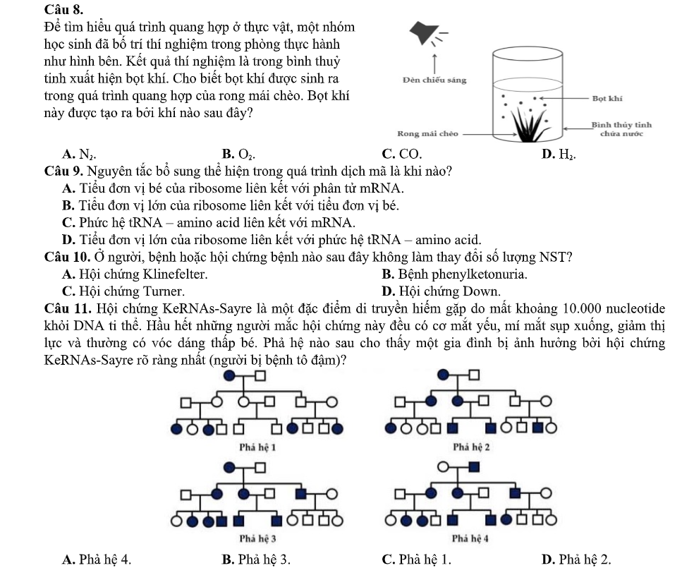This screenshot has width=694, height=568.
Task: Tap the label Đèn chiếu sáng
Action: (434, 80)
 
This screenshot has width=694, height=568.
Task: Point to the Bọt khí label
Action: (607, 98)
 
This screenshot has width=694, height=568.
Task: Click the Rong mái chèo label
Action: (427, 133)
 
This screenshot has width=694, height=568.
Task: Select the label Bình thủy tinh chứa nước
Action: (621, 129)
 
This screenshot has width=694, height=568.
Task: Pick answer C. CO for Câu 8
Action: (402, 154)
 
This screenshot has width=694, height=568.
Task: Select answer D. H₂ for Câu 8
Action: (559, 154)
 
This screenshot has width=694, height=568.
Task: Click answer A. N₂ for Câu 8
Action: (78, 154)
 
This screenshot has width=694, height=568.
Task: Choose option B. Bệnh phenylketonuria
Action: (454, 274)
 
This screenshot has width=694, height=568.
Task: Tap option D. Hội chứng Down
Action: (442, 291)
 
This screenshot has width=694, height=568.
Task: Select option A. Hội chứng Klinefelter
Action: (135, 274)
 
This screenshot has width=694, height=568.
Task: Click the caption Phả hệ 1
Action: (257, 447)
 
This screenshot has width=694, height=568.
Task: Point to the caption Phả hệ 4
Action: (470, 539)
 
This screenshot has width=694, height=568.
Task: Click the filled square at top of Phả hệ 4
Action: (474, 466)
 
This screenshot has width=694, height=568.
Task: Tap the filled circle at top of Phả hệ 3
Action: (230, 467)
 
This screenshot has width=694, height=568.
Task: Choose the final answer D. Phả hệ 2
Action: (576, 560)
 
